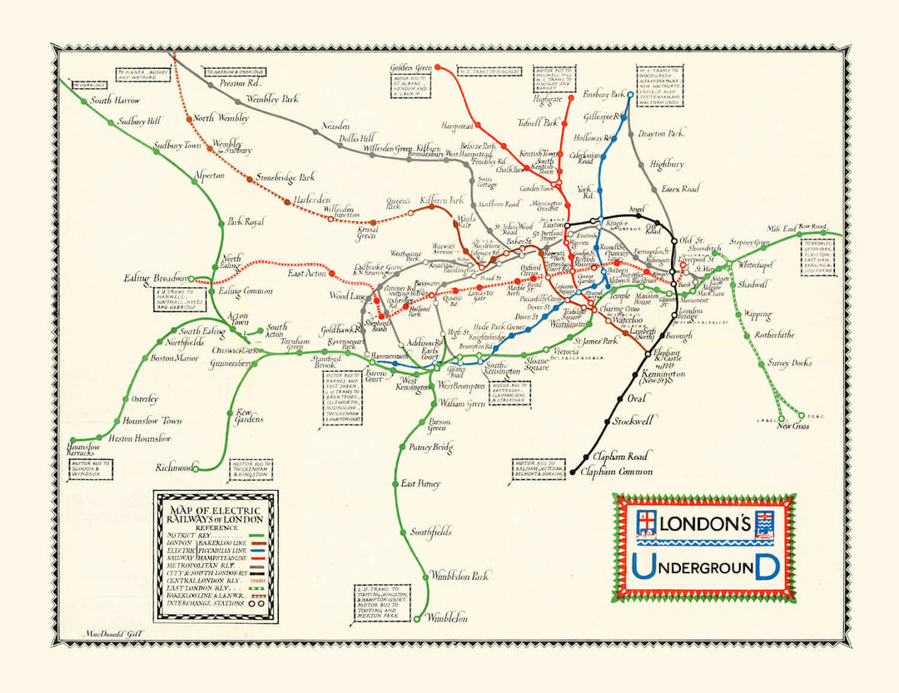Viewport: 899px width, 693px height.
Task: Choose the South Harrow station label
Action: [113, 101]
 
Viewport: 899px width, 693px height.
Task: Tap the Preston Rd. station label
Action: [241, 83]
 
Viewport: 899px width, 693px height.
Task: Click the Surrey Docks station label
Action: [789, 364]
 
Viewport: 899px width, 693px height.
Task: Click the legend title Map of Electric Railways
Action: [215, 514]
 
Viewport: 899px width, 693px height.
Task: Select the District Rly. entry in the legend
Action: [191, 536]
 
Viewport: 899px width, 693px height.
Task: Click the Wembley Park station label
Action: [271, 99]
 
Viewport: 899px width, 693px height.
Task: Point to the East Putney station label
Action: [420, 483]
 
